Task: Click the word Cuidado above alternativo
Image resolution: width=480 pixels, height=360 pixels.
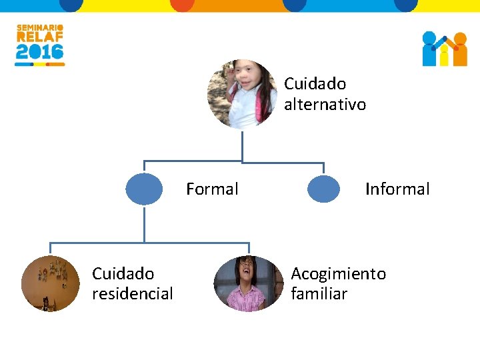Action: (315, 84)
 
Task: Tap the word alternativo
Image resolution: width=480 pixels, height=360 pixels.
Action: (325, 105)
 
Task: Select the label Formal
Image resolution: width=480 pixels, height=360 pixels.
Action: (212, 189)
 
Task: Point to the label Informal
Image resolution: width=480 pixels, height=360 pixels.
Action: (397, 189)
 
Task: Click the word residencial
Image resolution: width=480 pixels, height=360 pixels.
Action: (133, 294)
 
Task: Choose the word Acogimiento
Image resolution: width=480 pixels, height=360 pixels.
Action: (338, 274)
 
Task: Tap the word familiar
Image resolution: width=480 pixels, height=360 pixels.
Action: (319, 294)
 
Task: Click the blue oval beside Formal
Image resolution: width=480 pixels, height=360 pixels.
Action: (144, 189)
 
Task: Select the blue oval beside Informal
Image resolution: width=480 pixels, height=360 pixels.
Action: (323, 189)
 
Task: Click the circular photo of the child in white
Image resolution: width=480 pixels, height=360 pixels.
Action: (241, 94)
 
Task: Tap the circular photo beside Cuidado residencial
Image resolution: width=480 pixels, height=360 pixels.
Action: (50, 283)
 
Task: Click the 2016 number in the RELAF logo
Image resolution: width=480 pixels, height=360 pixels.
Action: (39, 52)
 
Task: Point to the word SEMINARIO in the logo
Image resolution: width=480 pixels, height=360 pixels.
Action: (39, 28)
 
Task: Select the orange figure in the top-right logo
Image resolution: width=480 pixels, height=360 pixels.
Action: (459, 50)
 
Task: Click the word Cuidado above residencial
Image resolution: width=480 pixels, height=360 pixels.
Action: (123, 274)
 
